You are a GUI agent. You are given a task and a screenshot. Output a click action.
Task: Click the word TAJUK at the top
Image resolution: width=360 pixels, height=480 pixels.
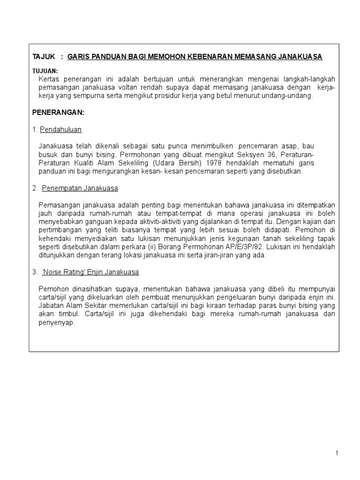[44, 57]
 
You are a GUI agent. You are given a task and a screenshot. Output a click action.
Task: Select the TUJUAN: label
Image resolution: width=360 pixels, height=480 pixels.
[45, 71]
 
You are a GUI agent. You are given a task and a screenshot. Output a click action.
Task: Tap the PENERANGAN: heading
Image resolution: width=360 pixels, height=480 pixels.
[58, 113]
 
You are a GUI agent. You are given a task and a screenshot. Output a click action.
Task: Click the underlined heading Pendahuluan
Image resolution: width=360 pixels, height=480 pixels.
[61, 129]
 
